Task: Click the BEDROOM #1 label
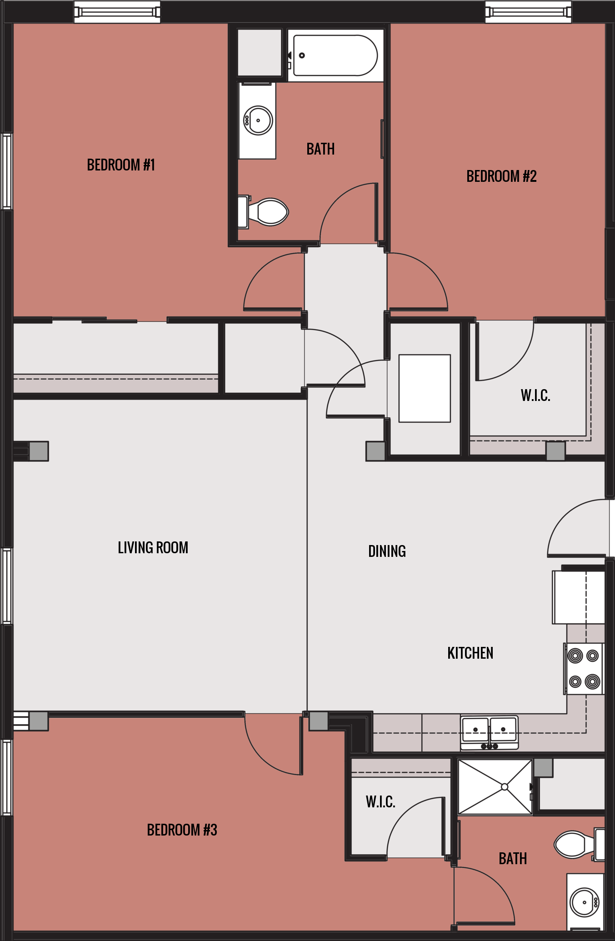pos(121,165)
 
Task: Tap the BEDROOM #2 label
pos(501,176)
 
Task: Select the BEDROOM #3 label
pos(182,830)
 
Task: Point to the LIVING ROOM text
pos(153,547)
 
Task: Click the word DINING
pos(387,551)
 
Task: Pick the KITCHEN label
pos(470,653)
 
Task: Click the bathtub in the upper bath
pos(335,55)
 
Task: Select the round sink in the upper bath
pos(258,120)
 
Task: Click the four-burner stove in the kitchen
pos(584,669)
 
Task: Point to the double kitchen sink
pos(489,731)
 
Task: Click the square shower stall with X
pos(495,787)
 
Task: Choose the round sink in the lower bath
pos(585,902)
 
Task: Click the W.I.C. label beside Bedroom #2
pos(535,395)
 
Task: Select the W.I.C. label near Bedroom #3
pos(380,801)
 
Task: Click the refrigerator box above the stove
pos(578,597)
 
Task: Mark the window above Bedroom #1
pos(117,11)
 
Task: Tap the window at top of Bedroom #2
pos(528,11)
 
